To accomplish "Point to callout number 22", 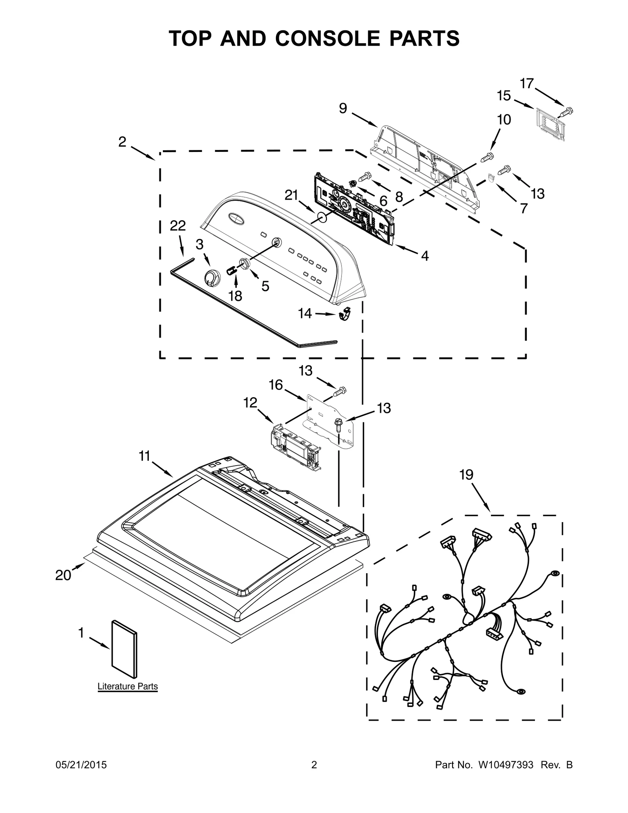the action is point(178,226).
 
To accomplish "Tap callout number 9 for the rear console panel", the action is point(343,109).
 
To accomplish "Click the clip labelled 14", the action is point(345,314).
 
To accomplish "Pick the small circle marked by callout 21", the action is point(321,218).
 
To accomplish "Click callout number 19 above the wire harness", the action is point(466,475).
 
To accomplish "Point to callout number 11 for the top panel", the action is point(144,456).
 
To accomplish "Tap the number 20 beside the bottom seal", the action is point(63,575).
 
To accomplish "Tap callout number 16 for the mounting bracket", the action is point(276,385).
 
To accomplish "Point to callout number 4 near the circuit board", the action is point(425,256).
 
